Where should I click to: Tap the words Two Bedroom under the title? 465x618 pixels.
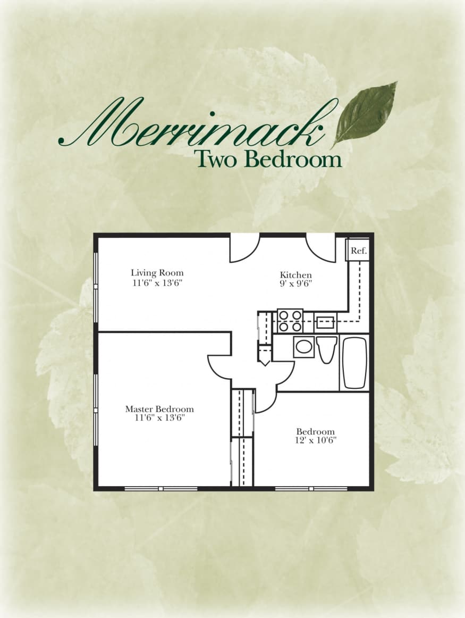[x=267, y=158]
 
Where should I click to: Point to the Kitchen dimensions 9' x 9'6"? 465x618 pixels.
[x=295, y=283]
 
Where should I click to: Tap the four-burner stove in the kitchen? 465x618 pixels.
[x=290, y=321]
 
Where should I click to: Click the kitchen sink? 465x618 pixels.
[x=325, y=322]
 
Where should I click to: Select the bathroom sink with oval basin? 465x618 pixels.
[x=304, y=347]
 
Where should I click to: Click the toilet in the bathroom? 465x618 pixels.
[x=326, y=348]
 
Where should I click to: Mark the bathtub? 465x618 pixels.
[x=354, y=363]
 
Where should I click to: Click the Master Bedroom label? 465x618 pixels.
[x=159, y=409]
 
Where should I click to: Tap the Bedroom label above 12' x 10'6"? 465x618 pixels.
[x=316, y=431]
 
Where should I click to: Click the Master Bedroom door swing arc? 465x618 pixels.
[x=218, y=367]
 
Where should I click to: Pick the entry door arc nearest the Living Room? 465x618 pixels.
[x=244, y=249]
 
